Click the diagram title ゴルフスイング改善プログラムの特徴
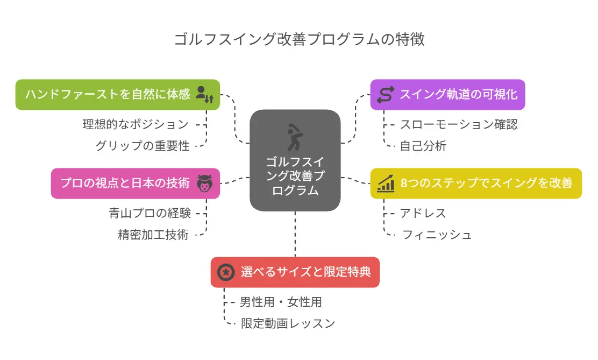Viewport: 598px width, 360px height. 299,39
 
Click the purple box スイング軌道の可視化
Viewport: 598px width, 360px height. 447,95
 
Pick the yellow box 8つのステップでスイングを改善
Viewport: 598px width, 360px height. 476,183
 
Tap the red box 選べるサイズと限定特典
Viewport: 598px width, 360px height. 295,272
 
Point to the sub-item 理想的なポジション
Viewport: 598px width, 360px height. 136,124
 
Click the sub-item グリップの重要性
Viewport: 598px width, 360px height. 143,145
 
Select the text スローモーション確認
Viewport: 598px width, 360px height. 459,124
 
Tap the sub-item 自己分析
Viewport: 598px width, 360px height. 423,145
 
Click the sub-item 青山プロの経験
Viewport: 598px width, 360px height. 150,213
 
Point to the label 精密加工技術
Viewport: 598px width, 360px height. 153,235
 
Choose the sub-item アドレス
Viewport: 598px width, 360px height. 423,213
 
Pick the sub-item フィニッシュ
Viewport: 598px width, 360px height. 437,235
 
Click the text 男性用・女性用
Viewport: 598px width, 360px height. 281,302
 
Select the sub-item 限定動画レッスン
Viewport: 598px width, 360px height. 288,323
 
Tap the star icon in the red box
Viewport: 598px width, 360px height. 226,272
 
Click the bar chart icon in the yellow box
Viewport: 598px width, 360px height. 386,183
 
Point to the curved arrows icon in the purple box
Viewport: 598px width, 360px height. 386,95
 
